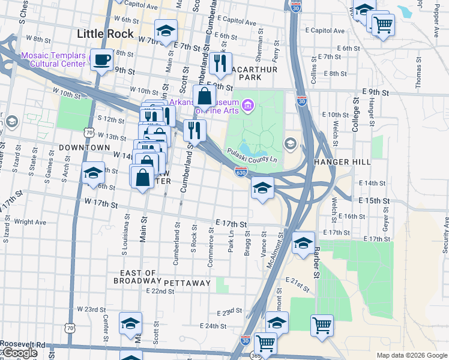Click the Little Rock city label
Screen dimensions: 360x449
(106, 34)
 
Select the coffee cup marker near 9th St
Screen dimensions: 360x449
(101, 60)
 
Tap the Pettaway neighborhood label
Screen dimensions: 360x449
(187, 283)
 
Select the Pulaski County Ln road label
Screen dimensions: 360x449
(252, 155)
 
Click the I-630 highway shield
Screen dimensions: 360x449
(241, 173)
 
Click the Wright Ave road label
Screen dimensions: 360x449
(30, 222)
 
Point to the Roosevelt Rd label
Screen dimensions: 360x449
(23, 344)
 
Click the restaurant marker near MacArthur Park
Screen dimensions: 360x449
(220, 62)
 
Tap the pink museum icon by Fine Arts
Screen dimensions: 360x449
(249, 107)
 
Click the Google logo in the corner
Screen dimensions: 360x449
(19, 353)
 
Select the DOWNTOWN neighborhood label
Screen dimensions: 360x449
(85, 148)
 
